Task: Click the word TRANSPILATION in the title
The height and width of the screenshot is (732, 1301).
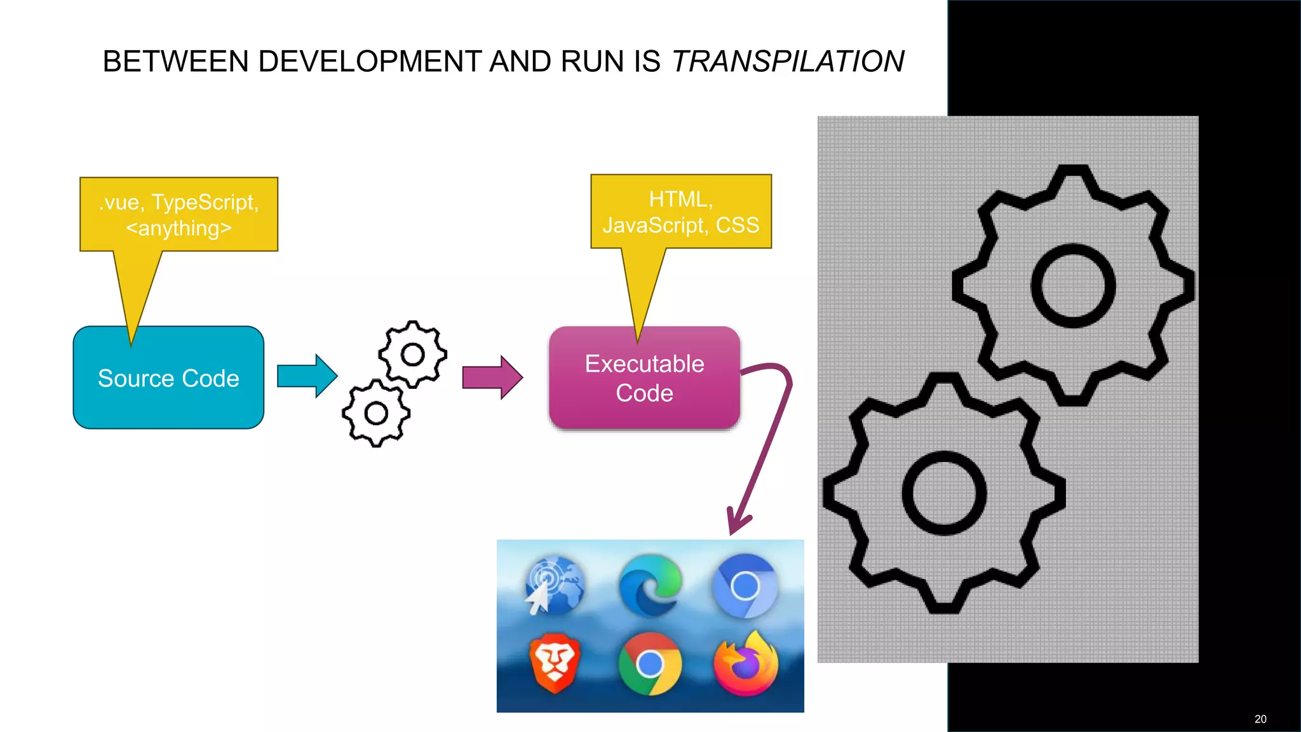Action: [x=788, y=62]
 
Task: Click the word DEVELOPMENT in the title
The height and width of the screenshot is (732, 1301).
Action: [x=370, y=62]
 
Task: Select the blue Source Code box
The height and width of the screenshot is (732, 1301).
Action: [x=168, y=378]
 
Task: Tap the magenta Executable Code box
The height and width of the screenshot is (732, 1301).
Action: [x=644, y=378]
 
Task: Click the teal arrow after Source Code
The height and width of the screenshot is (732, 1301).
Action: [x=307, y=376]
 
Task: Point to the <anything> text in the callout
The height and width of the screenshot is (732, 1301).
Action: [x=179, y=228]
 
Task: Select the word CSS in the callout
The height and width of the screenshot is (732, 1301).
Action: [x=738, y=225]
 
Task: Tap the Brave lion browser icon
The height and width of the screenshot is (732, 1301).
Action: [x=555, y=663]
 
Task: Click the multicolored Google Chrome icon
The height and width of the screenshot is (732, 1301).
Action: [x=649, y=664]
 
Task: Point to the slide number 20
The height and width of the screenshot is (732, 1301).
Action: [x=1260, y=719]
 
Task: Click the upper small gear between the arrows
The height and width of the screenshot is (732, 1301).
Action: [x=413, y=354]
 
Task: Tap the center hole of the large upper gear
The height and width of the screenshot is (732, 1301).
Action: [x=1073, y=286]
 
